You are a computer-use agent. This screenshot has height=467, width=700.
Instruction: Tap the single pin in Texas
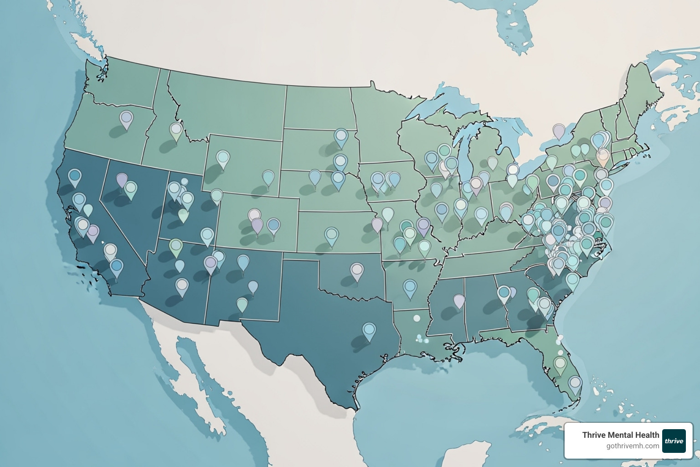click(x=369, y=331)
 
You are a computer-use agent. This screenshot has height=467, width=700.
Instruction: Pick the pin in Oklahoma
click(x=357, y=271)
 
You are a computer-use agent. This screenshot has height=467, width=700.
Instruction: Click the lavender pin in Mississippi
click(x=459, y=301)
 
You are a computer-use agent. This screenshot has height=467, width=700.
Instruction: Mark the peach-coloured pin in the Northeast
click(x=602, y=157)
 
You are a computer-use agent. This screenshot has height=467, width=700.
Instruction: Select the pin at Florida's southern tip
click(x=575, y=384)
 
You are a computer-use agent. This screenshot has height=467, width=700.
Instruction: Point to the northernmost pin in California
click(x=75, y=177)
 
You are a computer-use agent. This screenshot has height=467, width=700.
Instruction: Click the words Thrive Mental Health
click(x=620, y=435)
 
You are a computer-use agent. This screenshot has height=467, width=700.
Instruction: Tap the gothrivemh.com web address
click(x=633, y=446)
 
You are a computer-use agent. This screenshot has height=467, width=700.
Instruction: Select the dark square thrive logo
click(x=674, y=441)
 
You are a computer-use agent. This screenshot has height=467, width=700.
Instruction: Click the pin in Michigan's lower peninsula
click(x=492, y=162)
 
